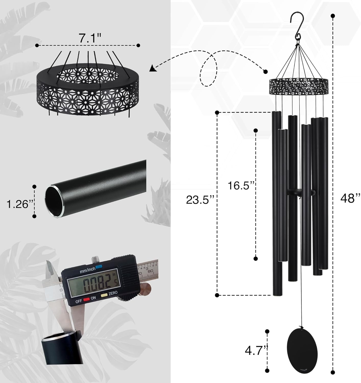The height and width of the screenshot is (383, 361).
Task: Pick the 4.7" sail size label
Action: [254, 351]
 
